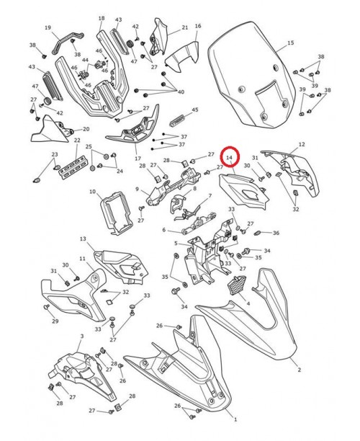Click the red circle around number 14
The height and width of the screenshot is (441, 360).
230,156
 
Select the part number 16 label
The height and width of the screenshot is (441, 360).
198,26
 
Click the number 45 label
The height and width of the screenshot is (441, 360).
194,110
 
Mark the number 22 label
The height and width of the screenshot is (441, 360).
77,141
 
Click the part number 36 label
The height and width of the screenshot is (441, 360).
276,233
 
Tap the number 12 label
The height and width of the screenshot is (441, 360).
302,145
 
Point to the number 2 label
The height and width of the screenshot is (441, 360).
300,370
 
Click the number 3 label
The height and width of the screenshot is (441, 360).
81,336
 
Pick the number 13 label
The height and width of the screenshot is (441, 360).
83,239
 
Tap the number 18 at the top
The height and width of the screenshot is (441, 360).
101,18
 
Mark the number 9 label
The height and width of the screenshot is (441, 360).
137,190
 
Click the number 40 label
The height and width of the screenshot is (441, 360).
181,92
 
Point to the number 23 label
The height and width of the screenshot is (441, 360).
54,155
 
